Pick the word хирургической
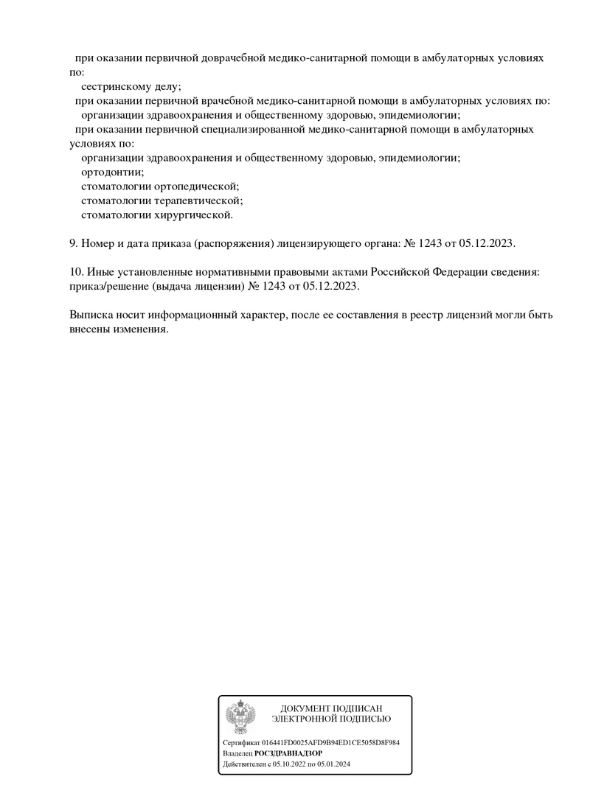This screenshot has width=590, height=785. (x=193, y=215)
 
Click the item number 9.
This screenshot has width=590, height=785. (x=73, y=243)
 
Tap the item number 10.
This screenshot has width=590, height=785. (x=76, y=272)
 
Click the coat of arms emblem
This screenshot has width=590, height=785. (x=240, y=716)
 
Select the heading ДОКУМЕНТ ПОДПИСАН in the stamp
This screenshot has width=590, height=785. (x=331, y=708)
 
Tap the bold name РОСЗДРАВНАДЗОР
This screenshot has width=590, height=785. (x=288, y=754)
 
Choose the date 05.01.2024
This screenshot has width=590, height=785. (x=333, y=764)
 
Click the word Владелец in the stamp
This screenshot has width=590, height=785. (x=237, y=754)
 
